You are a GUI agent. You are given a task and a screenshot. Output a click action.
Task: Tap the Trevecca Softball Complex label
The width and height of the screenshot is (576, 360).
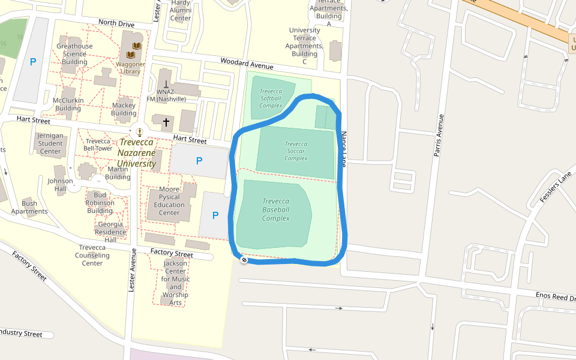pos(271,98)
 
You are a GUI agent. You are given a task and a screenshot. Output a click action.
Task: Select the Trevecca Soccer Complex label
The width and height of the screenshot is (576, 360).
pos(296,151)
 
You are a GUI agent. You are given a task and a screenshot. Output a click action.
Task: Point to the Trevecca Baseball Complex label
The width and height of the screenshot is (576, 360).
pos(275,209)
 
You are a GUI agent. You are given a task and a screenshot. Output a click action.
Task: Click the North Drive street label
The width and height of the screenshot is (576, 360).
pos(116,23)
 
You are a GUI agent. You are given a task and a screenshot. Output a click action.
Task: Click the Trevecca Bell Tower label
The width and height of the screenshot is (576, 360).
pos(98,145)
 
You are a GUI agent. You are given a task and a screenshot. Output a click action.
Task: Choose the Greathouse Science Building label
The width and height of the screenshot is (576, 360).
pos(74,54)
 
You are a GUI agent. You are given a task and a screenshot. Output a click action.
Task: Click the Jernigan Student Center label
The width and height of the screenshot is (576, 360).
pos(50,143)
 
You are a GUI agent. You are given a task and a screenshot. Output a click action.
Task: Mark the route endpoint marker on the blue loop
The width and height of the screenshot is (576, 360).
pos(244,260)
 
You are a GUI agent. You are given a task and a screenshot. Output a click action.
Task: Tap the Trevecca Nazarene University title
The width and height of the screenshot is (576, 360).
pos(136,153)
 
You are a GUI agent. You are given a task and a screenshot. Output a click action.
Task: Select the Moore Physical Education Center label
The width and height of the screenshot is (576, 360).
pos(169,201)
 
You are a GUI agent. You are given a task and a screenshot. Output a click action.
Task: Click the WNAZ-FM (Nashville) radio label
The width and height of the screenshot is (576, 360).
pos(166,95)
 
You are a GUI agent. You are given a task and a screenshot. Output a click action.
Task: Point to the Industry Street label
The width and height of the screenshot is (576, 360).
pos(20,334)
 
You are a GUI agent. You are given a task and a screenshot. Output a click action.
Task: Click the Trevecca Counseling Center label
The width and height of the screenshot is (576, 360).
pos(92,255)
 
